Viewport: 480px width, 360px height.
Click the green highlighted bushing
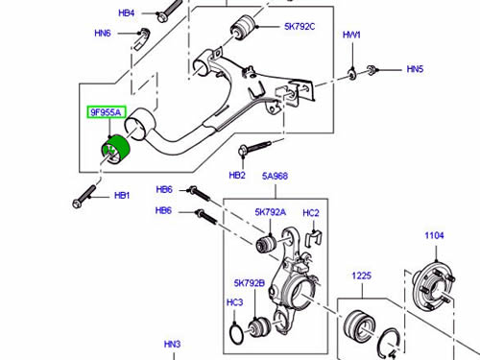pyautogui.click(x=113, y=150)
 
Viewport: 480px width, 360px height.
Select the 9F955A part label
pyautogui.click(x=106, y=112)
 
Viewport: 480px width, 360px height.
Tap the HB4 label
pyautogui.click(x=127, y=13)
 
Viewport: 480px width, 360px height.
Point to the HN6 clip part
pyautogui.click(x=141, y=38)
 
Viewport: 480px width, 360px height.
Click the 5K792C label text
pyautogui.click(x=300, y=27)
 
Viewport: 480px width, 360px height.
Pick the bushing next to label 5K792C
pyautogui.click(x=243, y=28)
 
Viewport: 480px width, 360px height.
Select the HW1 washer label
pyautogui.click(x=351, y=35)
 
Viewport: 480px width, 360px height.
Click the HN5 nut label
pyautogui.click(x=415, y=69)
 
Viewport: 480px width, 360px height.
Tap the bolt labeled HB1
pyautogui.click(x=84, y=197)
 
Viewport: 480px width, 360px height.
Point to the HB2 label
pyautogui.click(x=237, y=175)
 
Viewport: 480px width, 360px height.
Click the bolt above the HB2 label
pyautogui.click(x=254, y=149)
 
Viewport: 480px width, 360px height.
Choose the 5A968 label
pyautogui.click(x=275, y=176)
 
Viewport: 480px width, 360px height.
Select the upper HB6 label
pyautogui.click(x=164, y=189)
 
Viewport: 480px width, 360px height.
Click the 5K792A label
pyautogui.click(x=271, y=212)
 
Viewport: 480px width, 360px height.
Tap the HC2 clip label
pyautogui.click(x=311, y=213)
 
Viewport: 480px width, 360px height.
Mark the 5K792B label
pyautogui.click(x=250, y=283)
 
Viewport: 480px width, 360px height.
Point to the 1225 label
pyautogui.click(x=362, y=276)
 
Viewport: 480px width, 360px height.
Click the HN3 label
pyautogui.click(x=172, y=344)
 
